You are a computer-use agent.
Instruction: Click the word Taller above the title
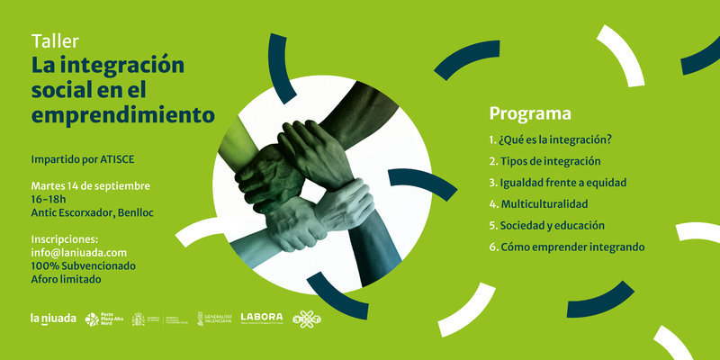56,41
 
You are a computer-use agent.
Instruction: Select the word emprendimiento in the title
123,115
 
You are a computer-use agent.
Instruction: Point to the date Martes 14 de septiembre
90,185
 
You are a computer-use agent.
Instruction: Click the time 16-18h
50,199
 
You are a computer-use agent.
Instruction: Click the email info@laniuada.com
78,253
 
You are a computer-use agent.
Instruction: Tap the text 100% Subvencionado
83,266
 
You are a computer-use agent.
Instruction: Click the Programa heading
530,114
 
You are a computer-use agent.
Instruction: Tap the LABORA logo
262,318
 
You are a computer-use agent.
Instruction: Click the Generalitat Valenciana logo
213,319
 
